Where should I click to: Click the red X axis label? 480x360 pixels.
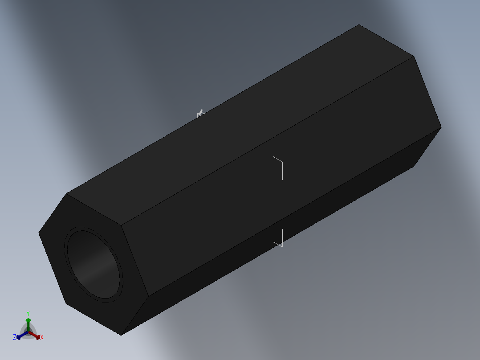pos(42,338)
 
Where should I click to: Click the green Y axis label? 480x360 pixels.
pos(28,313)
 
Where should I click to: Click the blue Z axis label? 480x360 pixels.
pos(15,338)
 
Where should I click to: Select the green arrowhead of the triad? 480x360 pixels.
pos(28,320)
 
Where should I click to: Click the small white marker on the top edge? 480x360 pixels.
pos(200,113)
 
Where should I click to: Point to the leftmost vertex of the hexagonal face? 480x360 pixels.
pos(39,233)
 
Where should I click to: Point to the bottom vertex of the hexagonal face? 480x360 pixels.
pos(121,335)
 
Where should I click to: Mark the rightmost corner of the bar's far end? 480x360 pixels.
pos(441,127)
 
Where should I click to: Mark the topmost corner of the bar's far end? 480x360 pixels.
pos(359,25)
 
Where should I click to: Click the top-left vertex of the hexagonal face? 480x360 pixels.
pos(66,194)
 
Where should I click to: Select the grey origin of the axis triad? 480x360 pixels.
pos(28,332)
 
